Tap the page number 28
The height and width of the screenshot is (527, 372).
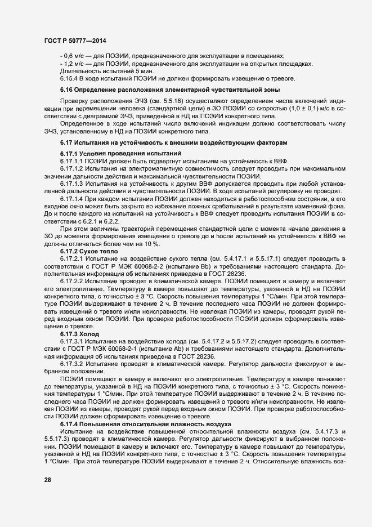click(x=47, y=479)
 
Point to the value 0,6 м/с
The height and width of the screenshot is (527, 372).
click(x=74, y=56)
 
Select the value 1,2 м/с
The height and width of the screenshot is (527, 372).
click(x=74, y=64)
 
